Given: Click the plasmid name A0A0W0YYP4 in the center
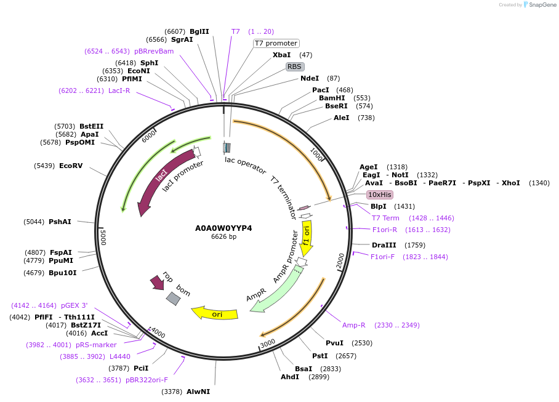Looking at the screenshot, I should tap(223, 228).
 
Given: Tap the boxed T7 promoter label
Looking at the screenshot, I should tap(276, 43).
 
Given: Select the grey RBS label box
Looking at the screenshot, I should tap(294, 66).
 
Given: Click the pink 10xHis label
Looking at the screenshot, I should tap(380, 195).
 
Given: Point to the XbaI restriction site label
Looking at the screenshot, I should tap(281, 55).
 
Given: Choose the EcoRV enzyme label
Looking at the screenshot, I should tap(71, 166).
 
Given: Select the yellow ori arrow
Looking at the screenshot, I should tap(215, 313).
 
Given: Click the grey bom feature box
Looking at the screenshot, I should tap(173, 299).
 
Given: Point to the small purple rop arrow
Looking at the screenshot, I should tap(157, 283).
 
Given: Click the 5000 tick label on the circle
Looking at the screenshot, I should tap(104, 237).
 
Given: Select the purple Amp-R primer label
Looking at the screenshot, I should tap(354, 325).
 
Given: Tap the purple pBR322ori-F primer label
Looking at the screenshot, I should tap(147, 380).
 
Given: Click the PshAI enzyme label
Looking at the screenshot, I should tap(60, 222).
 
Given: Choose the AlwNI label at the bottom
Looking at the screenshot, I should tap(198, 392).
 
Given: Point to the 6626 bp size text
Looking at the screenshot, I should tap(223, 236).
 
